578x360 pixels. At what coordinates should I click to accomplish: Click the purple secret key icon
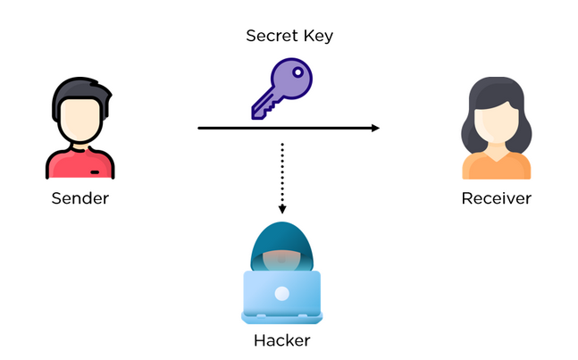[281, 88]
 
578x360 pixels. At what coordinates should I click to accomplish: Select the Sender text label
[80, 197]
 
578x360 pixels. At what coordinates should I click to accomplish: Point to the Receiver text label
[496, 197]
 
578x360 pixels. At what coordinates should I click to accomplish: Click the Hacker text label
[281, 339]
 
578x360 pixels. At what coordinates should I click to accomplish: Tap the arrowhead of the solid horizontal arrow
[374, 129]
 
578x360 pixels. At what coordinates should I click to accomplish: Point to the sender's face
[80, 121]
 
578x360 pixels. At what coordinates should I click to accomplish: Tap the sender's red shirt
[80, 165]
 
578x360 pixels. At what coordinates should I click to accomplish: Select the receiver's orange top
[496, 167]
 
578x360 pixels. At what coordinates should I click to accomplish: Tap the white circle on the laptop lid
[281, 293]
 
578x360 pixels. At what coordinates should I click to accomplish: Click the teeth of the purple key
[261, 109]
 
